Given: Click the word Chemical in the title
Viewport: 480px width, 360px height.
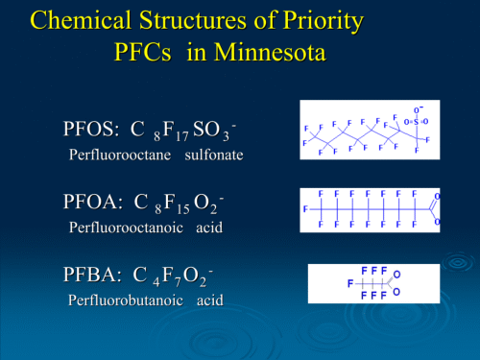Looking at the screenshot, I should tap(79, 19).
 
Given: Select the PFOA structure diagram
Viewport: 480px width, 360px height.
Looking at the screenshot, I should tap(371, 207).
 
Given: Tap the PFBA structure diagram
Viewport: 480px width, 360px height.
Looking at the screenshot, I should tap(373, 283).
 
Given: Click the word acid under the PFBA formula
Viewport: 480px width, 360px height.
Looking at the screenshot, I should tap(209, 300).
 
